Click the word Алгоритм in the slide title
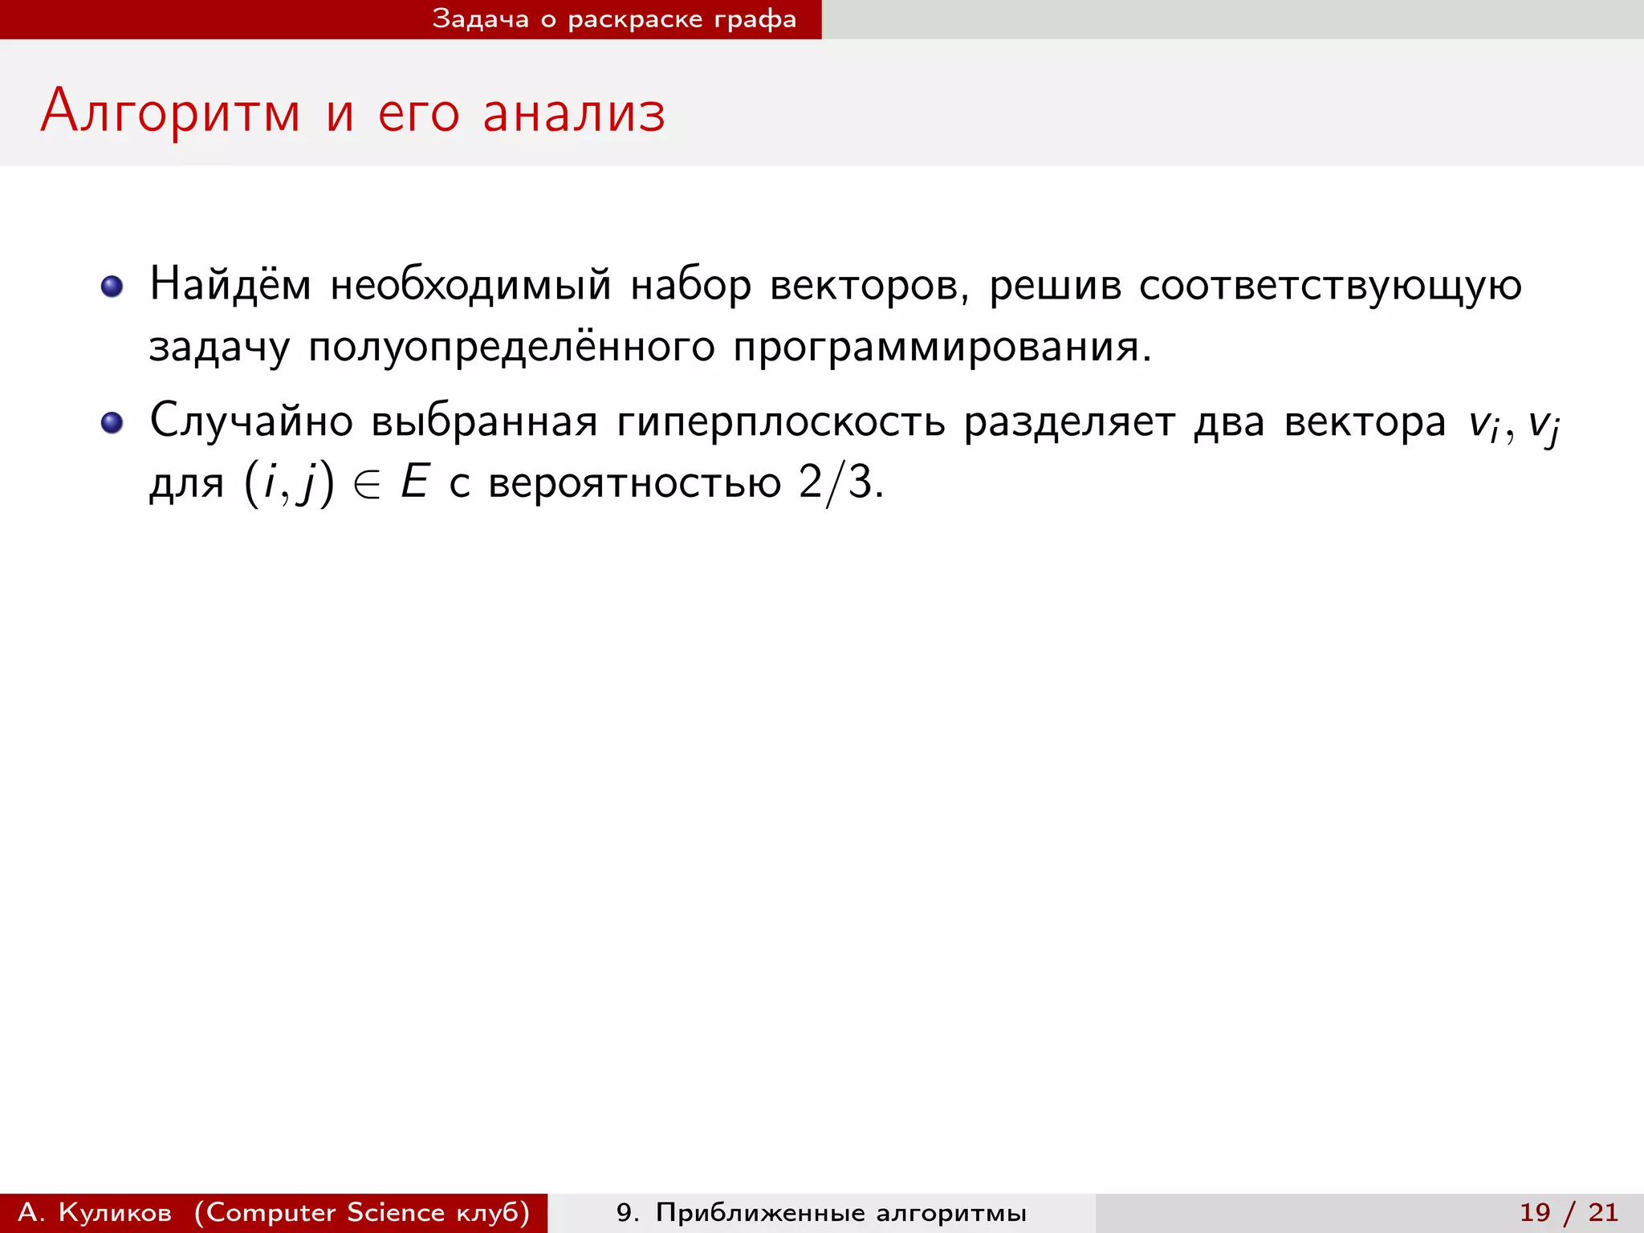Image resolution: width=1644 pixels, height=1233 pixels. click(x=170, y=112)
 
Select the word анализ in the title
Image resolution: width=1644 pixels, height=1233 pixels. click(x=574, y=112)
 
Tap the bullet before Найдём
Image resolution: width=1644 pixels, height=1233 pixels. click(x=112, y=287)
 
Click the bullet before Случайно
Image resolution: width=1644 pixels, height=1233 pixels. click(x=112, y=422)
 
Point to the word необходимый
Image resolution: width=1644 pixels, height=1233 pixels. click(x=470, y=286)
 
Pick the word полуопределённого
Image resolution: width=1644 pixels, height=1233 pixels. click(x=511, y=348)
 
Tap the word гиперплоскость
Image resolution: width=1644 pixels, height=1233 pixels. click(x=780, y=422)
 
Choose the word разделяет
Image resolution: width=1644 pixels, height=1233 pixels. click(x=1069, y=422)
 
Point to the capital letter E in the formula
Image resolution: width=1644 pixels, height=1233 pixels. click(x=415, y=482)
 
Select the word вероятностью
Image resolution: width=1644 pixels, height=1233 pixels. click(x=634, y=484)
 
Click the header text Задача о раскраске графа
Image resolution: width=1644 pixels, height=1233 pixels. click(x=614, y=19)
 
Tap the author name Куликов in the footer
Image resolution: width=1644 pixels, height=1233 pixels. click(x=115, y=1212)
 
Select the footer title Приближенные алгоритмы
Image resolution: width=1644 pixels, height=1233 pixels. click(x=840, y=1212)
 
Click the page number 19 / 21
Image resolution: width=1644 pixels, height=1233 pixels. click(x=1569, y=1212)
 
